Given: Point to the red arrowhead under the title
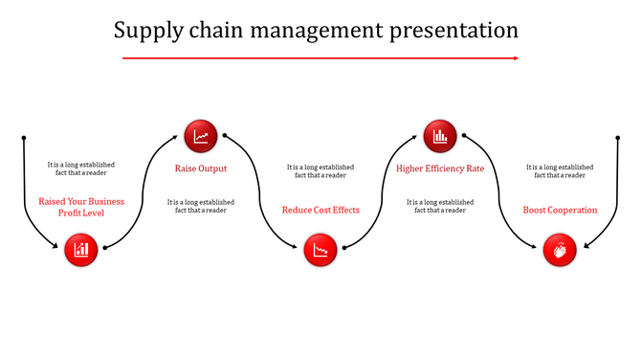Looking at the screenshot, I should point(515,58).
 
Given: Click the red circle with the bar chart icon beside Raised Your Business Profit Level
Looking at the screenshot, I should point(81,251).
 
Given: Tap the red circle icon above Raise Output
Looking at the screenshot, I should point(201,135).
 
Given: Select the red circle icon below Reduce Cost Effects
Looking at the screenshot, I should point(320,251).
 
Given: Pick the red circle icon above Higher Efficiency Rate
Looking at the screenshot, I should point(440,135).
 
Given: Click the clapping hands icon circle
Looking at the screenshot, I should point(560,251).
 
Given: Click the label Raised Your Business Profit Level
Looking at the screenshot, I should point(81,207).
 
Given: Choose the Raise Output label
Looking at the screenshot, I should point(201,169).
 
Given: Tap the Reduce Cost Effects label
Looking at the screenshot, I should point(320,210).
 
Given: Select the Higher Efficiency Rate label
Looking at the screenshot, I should point(440,169).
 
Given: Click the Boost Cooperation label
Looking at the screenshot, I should point(560,210).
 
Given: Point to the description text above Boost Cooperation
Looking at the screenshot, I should point(560,171).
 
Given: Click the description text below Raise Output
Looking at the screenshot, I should point(201,206).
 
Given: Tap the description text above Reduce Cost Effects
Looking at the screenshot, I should point(320,171).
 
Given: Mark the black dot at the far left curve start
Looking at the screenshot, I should point(23,136).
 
